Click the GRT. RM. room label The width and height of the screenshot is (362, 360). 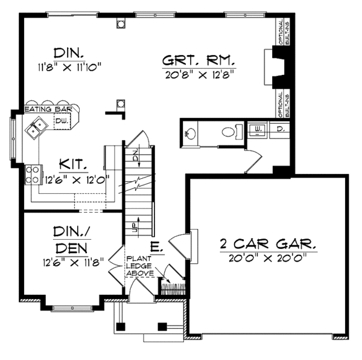click(198, 61)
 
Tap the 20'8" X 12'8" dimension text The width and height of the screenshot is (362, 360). click(198, 74)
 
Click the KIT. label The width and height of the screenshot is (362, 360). click(74, 164)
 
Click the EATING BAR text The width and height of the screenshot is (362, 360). click(48, 109)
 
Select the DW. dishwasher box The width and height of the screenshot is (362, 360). click(62, 121)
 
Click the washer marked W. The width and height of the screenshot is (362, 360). click(258, 129)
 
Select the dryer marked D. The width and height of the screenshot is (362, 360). click(279, 129)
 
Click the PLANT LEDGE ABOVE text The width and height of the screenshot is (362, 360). click(139, 266)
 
